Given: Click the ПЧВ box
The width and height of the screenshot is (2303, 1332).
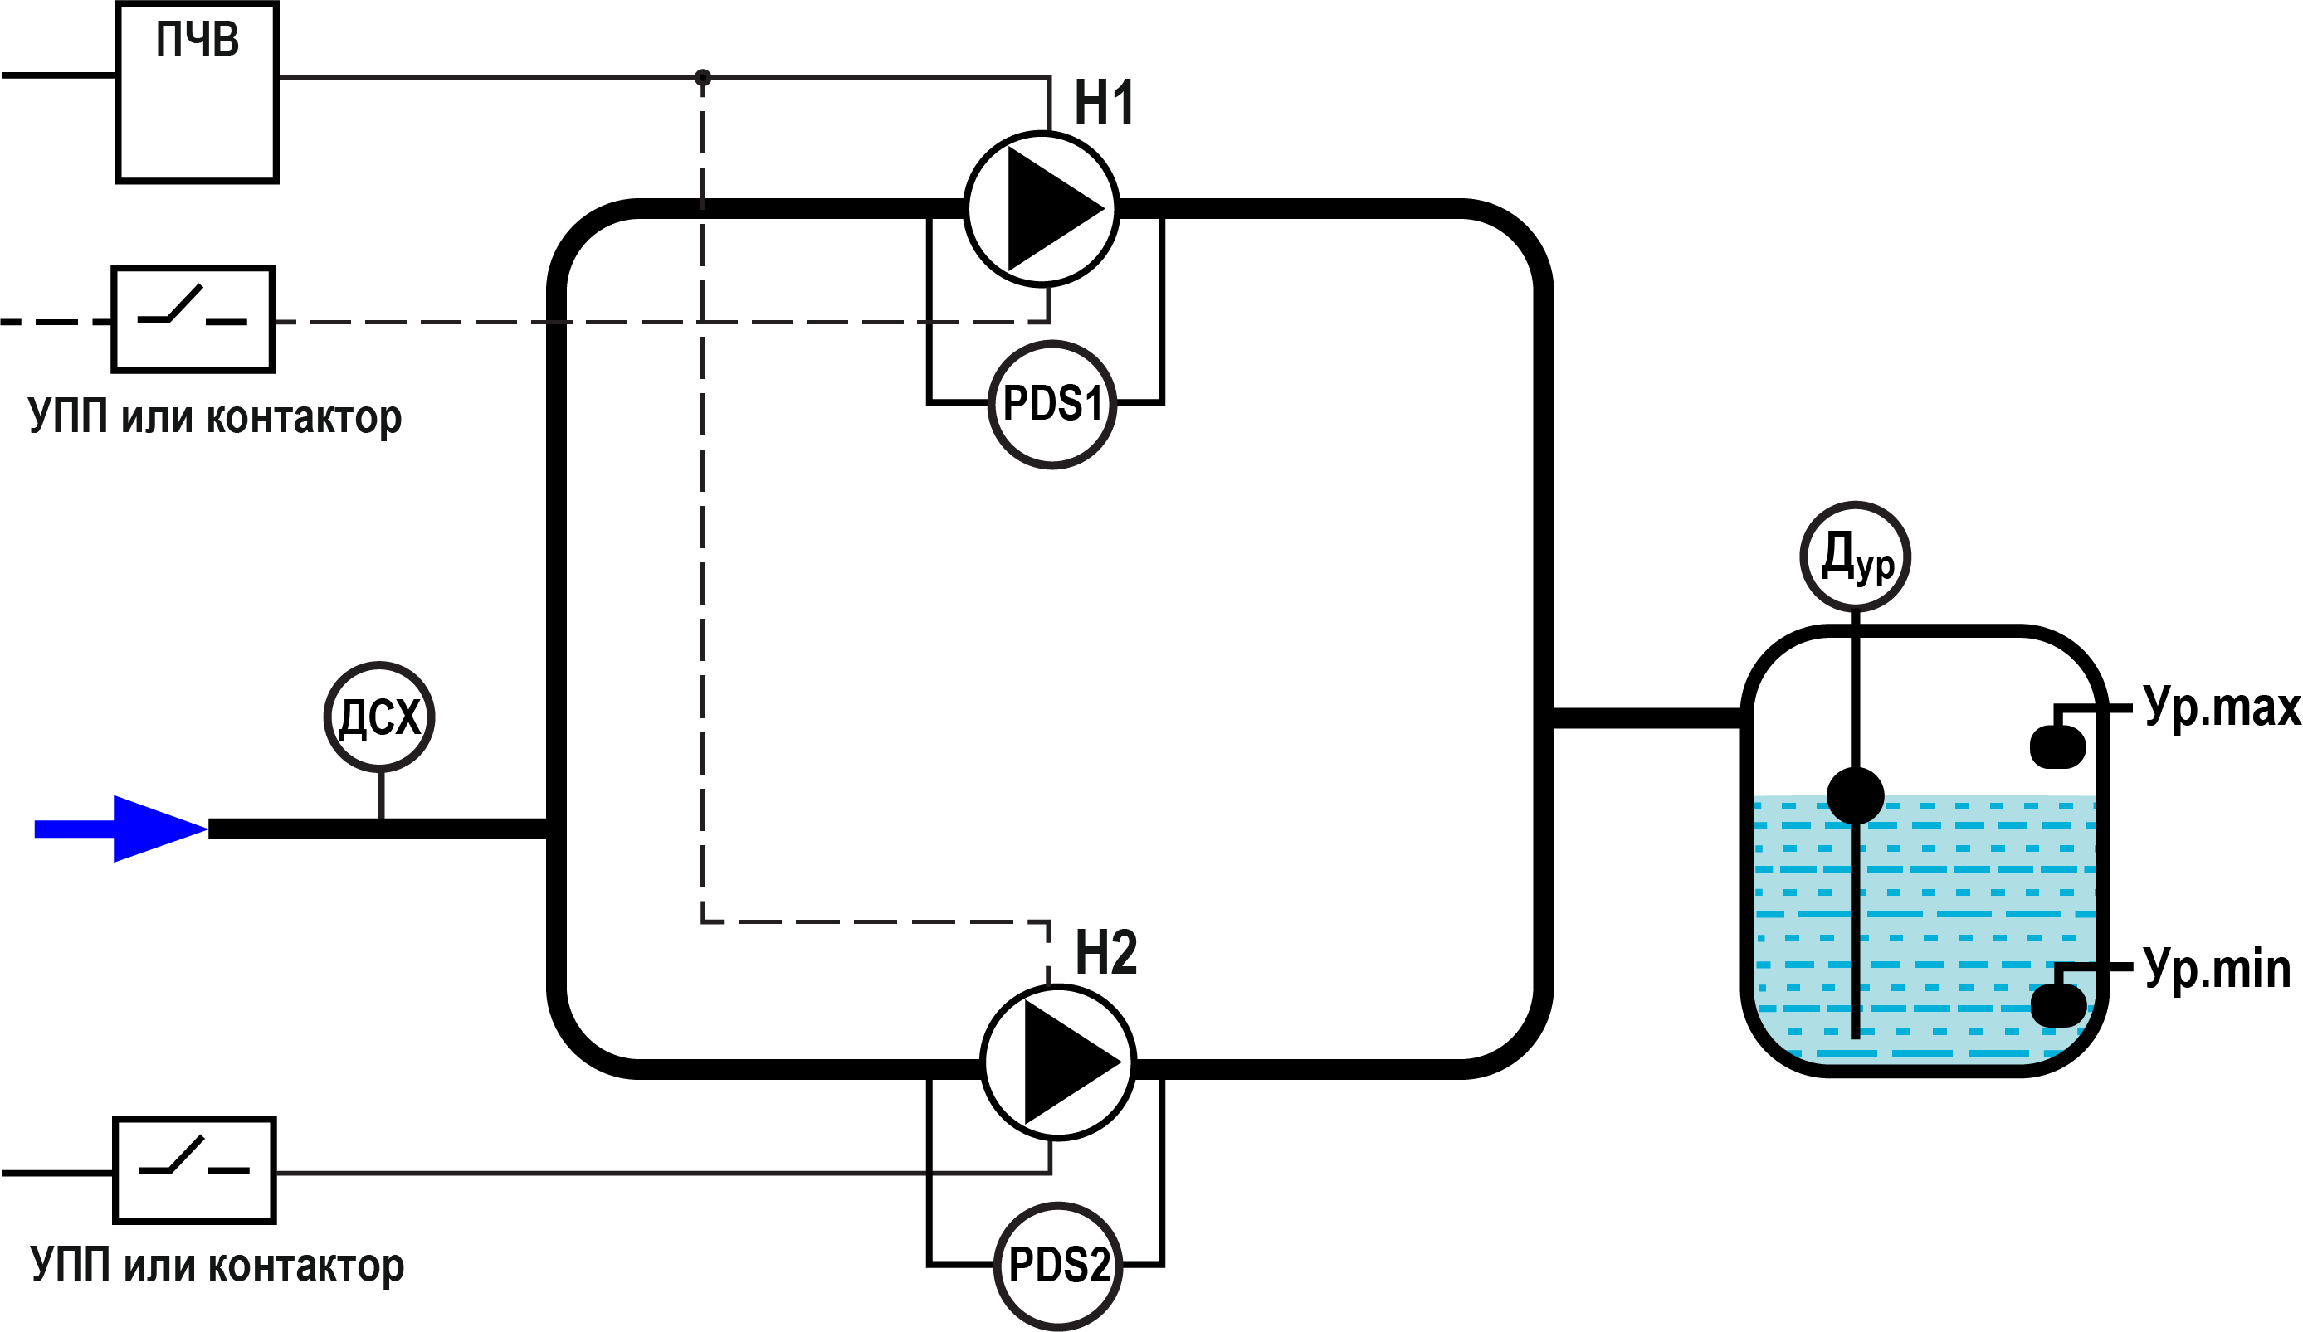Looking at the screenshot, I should click(197, 93).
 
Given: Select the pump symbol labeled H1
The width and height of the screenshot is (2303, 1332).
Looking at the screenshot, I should click(1041, 209).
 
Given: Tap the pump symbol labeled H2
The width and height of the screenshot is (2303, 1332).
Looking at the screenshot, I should click(1058, 1062).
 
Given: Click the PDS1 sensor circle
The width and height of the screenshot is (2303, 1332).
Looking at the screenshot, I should click(1051, 404).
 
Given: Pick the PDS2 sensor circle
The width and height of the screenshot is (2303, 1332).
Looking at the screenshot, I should click(1057, 1266).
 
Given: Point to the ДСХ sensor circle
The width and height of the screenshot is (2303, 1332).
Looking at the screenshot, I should click(379, 717).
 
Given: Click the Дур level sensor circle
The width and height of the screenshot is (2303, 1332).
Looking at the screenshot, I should click(1855, 557).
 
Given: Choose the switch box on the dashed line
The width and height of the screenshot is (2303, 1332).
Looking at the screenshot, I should click(193, 320).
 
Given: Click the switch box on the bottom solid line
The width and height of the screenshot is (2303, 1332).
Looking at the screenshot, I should click(195, 1170).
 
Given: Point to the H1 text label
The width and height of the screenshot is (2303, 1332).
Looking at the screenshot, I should click(1104, 102).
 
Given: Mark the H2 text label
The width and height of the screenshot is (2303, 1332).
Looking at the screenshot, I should click(1105, 952).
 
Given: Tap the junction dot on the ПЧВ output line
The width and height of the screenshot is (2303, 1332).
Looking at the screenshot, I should click(703, 78).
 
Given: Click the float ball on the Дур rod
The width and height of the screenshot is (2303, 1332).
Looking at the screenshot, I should click(1855, 795).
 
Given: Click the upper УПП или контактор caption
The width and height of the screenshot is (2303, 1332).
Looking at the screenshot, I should click(215, 417).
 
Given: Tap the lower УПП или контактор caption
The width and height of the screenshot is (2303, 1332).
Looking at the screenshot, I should click(217, 1266).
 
